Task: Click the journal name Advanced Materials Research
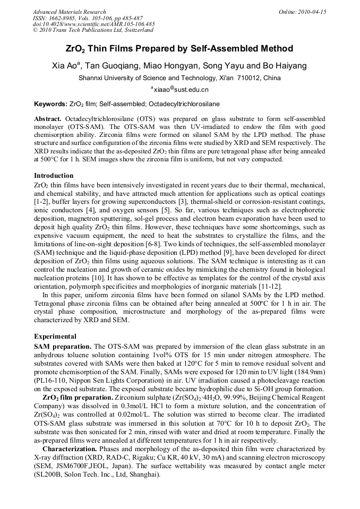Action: [x=69, y=12]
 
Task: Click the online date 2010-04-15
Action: [x=311, y=12]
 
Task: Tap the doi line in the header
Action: [x=94, y=24]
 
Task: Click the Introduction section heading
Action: [x=54, y=175]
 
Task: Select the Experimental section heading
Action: [x=55, y=337]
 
